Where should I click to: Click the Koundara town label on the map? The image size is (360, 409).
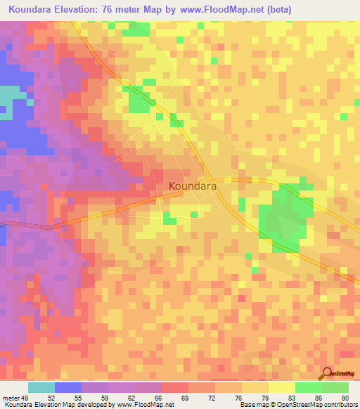click(x=191, y=187)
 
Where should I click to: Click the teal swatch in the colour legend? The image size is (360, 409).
click(x=41, y=387)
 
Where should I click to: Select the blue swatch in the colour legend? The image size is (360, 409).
click(x=68, y=387)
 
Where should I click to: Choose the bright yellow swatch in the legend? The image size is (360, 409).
click(x=281, y=387)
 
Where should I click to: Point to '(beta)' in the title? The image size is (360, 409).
click(x=276, y=9)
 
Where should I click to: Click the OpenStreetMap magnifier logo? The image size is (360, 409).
click(x=328, y=375)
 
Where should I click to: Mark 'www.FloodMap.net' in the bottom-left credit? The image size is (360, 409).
click(x=145, y=405)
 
